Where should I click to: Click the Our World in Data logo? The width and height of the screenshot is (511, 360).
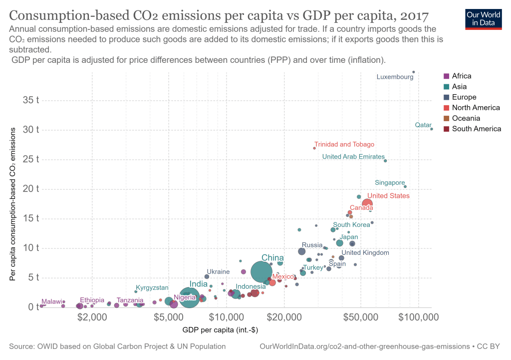click(483, 18)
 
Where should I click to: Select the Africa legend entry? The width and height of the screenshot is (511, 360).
click(461, 76)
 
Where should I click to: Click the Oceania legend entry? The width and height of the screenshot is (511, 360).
click(466, 118)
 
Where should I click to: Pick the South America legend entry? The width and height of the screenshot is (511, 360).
click(476, 129)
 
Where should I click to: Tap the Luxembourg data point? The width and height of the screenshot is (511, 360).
click(414, 72)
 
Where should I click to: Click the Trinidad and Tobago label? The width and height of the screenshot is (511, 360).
click(344, 145)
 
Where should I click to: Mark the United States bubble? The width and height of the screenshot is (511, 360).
click(367, 203)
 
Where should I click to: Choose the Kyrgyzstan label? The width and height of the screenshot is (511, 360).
click(152, 288)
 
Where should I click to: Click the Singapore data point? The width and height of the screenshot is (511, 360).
click(405, 186)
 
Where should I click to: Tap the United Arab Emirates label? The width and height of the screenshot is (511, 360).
click(353, 157)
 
